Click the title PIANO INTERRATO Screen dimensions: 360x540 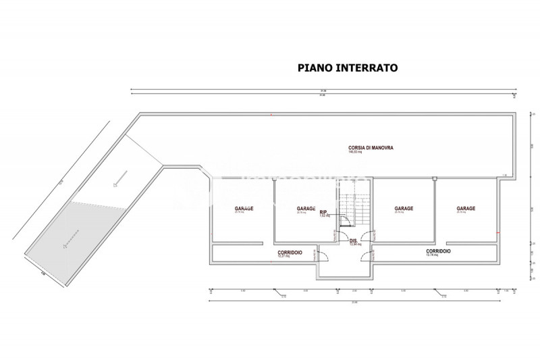click(348, 68)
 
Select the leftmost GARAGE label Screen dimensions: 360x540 click(244, 208)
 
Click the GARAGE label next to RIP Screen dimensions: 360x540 click(306, 208)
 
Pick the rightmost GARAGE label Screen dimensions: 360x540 click(466, 208)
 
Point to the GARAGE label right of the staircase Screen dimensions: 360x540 click(404, 208)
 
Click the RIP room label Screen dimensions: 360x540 click(323, 211)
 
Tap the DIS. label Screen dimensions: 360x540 click(353, 240)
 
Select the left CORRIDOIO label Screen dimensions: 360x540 click(290, 252)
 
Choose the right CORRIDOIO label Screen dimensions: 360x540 click(439, 251)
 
